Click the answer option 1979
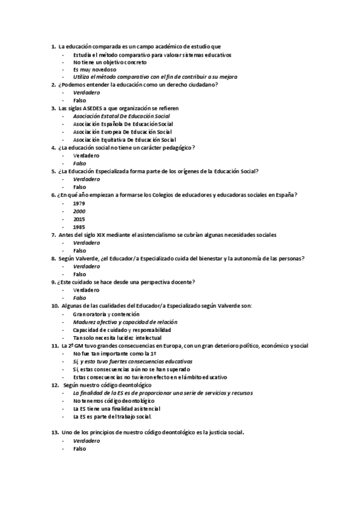point(79,203)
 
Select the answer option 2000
point(79,211)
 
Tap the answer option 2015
point(79,219)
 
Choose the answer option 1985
point(79,227)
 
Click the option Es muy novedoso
point(94,69)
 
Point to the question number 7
point(53,235)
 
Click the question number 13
point(54,432)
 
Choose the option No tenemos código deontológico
point(114,400)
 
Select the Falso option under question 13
point(79,448)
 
